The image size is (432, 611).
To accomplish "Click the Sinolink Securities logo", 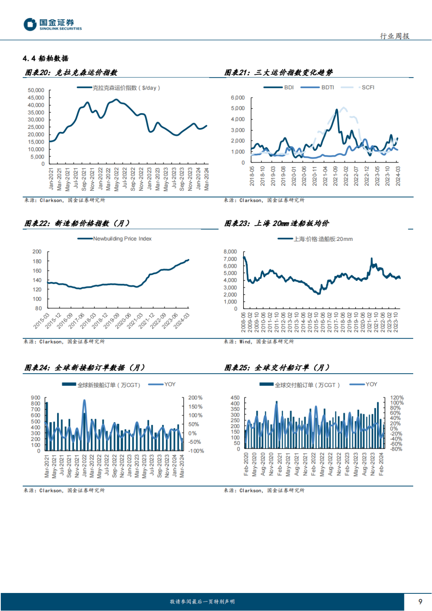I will (x=52, y=24).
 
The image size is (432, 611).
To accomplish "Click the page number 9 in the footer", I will (x=420, y=601).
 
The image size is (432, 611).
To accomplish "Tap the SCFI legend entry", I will (x=368, y=87).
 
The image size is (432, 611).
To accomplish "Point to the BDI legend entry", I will (x=289, y=87).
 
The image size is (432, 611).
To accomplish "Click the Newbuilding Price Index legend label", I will (x=122, y=239).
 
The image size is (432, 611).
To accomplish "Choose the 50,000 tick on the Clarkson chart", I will (x=36, y=90).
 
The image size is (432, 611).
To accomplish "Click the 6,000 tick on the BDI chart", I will (x=238, y=98).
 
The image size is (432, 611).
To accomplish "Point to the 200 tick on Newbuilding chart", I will (x=37, y=252).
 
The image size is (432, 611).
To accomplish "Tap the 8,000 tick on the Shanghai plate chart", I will (x=230, y=252).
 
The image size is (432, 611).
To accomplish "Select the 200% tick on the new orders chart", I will (x=195, y=398).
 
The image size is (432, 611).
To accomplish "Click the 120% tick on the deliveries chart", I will (x=397, y=398).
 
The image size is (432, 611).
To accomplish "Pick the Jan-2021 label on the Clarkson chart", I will (x=51, y=179).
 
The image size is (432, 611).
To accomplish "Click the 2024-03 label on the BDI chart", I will (x=398, y=176).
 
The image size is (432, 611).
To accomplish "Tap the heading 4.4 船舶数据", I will (x=46, y=58).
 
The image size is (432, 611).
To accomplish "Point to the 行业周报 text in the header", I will (x=394, y=36).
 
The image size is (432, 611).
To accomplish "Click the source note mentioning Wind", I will (x=258, y=342).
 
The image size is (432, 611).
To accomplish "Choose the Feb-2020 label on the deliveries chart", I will (x=246, y=464).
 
